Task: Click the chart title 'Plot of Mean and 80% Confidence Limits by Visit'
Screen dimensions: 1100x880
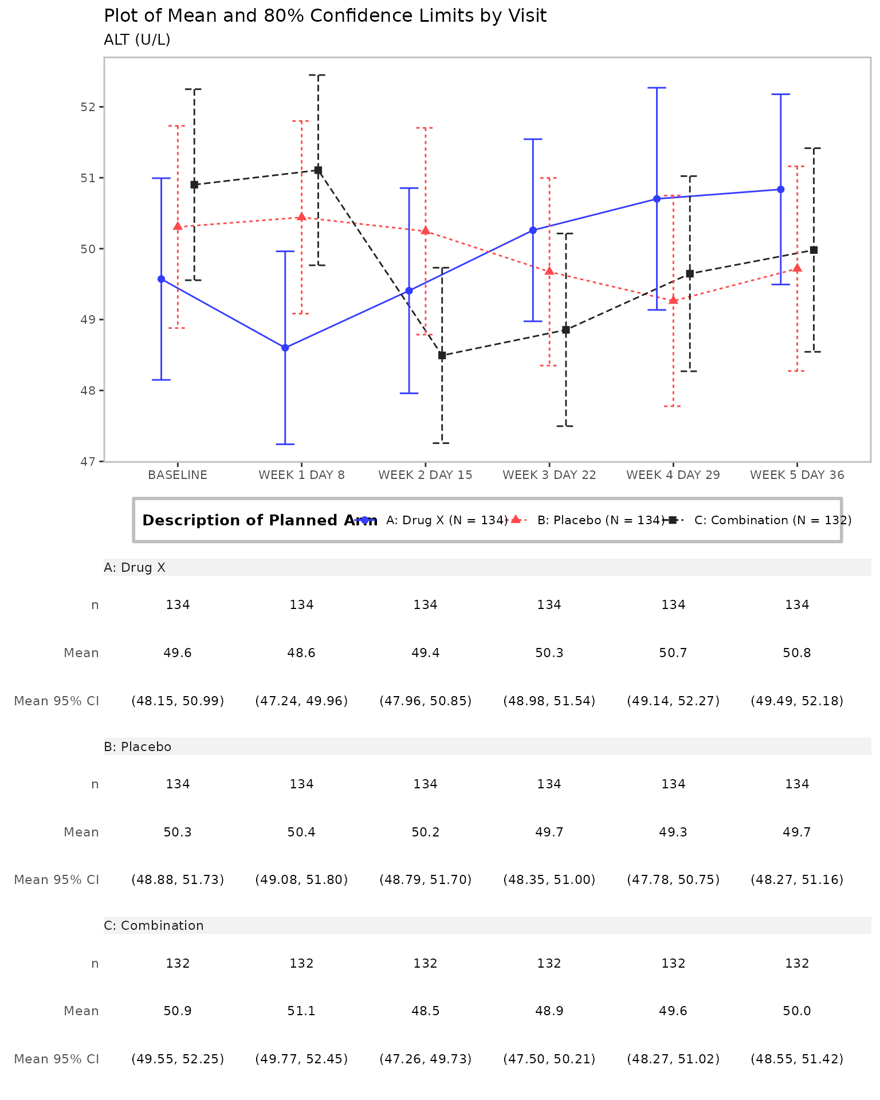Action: pyautogui.click(x=325, y=16)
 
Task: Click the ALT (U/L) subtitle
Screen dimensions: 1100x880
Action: pyautogui.click(x=137, y=40)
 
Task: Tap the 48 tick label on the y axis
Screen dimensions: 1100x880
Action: pyautogui.click(x=88, y=391)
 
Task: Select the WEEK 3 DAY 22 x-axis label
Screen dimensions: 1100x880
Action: pyautogui.click(x=549, y=475)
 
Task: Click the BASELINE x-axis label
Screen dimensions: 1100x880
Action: pyautogui.click(x=178, y=475)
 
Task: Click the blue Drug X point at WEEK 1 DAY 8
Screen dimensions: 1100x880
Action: pyautogui.click(x=285, y=348)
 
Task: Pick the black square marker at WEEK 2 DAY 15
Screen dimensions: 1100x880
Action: pyautogui.click(x=442, y=355)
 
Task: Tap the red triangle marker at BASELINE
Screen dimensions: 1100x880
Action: pyautogui.click(x=178, y=226)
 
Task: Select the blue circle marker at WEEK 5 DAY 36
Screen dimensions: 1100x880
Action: pyautogui.click(x=780, y=190)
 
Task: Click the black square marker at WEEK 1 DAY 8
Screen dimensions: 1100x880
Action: pyautogui.click(x=318, y=170)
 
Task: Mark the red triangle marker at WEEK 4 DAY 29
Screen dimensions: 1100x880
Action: pyautogui.click(x=673, y=300)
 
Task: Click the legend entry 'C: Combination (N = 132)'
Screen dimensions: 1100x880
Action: pyautogui.click(x=772, y=520)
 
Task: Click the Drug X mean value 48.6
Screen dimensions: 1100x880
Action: pyautogui.click(x=301, y=653)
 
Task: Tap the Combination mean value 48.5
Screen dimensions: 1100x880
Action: pyautogui.click(x=425, y=1011)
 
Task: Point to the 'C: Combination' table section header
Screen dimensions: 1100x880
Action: pyautogui.click(x=154, y=926)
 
